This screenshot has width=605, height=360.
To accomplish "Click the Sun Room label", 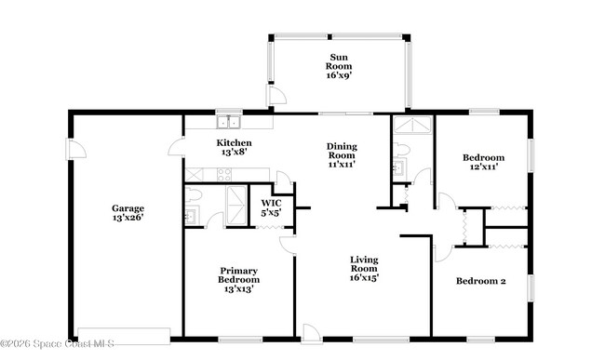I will pos(339,58).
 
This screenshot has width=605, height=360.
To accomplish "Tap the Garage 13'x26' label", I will pos(128,213).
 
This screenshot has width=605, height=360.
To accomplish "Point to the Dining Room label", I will pos(342,155).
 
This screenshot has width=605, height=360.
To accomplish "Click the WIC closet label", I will pos(271,207).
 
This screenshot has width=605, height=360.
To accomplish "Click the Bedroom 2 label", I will pos(480,281).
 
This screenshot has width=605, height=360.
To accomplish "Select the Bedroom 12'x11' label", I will pos(484,163).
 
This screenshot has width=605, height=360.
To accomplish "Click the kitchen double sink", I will pos(228,122).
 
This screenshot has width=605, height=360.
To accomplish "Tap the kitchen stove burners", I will pos(226,174).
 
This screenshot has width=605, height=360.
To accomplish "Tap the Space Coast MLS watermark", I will pos(58,343).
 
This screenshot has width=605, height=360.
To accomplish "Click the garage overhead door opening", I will pos(123,334).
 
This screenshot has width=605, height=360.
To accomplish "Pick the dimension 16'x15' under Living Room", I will pos(364,276).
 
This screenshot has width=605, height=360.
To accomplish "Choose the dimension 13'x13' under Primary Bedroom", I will pos(238,289).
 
